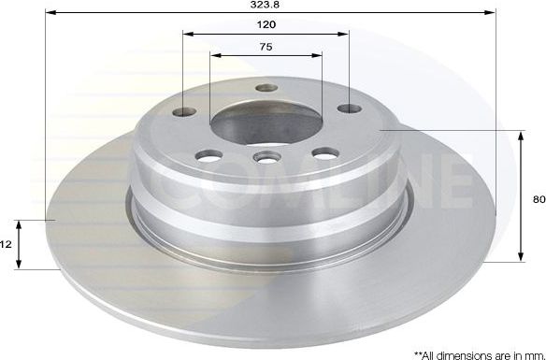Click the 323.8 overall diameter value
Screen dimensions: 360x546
pyautogui.click(x=267, y=5)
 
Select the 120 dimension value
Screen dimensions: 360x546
pyautogui.click(x=266, y=24)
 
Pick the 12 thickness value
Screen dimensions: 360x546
pyautogui.click(x=6, y=244)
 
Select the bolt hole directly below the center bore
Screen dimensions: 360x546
pyautogui.click(x=266, y=159)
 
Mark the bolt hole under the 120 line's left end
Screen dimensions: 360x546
pyautogui.click(x=184, y=112)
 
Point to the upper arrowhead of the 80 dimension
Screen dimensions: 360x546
pyautogui.click(x=521, y=136)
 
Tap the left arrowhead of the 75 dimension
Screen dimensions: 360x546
pyautogui.click(x=214, y=55)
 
